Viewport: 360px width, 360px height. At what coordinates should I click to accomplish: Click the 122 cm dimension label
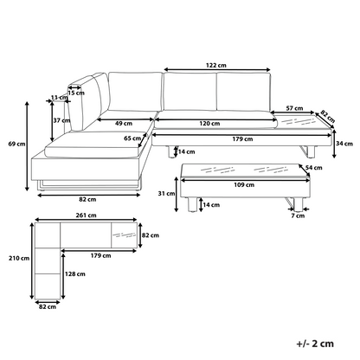click(216, 65)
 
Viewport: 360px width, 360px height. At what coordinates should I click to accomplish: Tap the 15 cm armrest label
click(76, 93)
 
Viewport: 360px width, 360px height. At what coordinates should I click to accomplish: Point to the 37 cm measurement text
click(61, 120)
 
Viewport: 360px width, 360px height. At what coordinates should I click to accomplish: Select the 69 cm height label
click(16, 144)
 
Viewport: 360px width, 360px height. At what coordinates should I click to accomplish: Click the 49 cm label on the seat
click(124, 124)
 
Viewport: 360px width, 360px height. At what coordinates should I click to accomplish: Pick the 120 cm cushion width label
click(209, 124)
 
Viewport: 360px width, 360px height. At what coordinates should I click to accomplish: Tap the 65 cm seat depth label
click(132, 138)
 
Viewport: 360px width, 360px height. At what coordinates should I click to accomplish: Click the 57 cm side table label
click(294, 108)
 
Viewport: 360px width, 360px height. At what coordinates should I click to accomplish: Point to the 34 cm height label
click(344, 144)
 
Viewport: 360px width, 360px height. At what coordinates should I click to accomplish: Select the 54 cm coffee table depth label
click(314, 168)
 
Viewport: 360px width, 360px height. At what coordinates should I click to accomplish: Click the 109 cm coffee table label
click(244, 184)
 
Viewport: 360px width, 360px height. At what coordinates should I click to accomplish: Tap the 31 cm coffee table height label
click(166, 194)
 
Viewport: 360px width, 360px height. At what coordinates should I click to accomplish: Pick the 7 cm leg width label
click(298, 215)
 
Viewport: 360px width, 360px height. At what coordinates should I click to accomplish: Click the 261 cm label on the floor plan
click(86, 215)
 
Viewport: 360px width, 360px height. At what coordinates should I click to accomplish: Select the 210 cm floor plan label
click(19, 258)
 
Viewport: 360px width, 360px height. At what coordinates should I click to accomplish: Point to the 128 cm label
click(74, 273)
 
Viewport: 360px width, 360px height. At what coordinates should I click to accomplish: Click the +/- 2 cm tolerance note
click(315, 344)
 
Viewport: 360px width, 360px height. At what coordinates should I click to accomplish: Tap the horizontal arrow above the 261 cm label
click(86, 220)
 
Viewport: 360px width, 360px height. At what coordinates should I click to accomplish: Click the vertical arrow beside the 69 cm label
click(28, 146)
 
